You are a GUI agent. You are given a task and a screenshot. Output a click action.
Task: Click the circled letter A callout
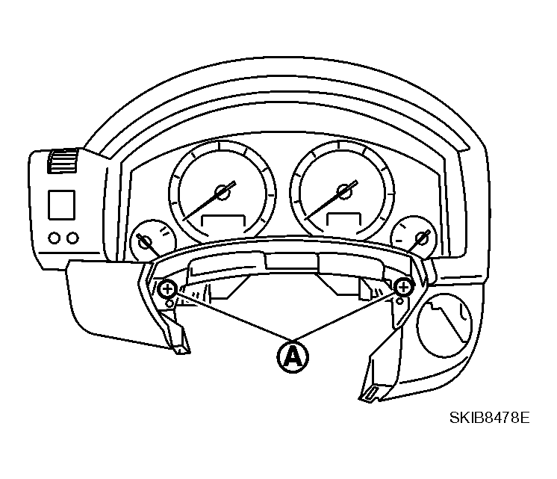293,357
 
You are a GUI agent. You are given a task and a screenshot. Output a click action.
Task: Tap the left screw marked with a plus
167,289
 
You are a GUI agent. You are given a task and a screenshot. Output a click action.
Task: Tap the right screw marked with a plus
403,287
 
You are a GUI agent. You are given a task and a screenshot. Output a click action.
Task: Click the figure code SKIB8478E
489,418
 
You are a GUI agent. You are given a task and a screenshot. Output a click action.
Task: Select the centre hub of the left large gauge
223,192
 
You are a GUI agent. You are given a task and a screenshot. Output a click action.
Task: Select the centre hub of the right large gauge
344,192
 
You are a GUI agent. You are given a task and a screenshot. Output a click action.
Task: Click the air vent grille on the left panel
63,161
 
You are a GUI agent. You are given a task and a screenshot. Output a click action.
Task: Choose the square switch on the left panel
61,205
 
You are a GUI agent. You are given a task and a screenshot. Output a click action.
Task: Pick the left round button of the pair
55,238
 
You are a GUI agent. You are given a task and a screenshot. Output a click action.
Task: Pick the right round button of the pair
73,238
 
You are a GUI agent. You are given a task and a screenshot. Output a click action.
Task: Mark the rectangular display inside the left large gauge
223,221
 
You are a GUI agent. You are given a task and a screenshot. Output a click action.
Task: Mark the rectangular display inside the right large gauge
344,219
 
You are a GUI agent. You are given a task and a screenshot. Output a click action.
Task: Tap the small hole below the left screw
169,303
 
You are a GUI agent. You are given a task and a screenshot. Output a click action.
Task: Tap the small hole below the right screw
399,301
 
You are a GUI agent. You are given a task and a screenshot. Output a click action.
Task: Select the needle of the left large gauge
209,200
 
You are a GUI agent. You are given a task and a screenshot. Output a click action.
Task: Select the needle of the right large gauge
331,200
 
